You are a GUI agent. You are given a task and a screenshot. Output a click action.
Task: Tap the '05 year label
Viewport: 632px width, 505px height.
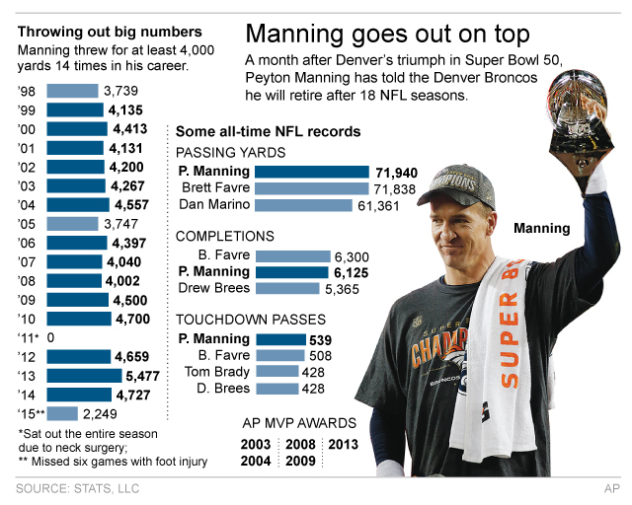[x=29, y=223]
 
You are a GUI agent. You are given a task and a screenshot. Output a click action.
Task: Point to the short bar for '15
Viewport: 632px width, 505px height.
[x=63, y=412]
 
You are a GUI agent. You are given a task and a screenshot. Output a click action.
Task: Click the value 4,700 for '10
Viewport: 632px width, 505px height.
[x=133, y=319]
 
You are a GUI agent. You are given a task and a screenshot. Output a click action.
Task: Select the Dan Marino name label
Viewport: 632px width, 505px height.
[x=214, y=205]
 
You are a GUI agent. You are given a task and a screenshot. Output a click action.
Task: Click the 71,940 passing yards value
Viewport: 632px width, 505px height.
[x=395, y=172]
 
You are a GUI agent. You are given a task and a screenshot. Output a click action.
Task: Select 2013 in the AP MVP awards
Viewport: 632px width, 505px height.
[x=345, y=443]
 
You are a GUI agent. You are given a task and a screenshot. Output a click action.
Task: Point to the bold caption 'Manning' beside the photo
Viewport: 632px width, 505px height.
[x=542, y=229]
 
